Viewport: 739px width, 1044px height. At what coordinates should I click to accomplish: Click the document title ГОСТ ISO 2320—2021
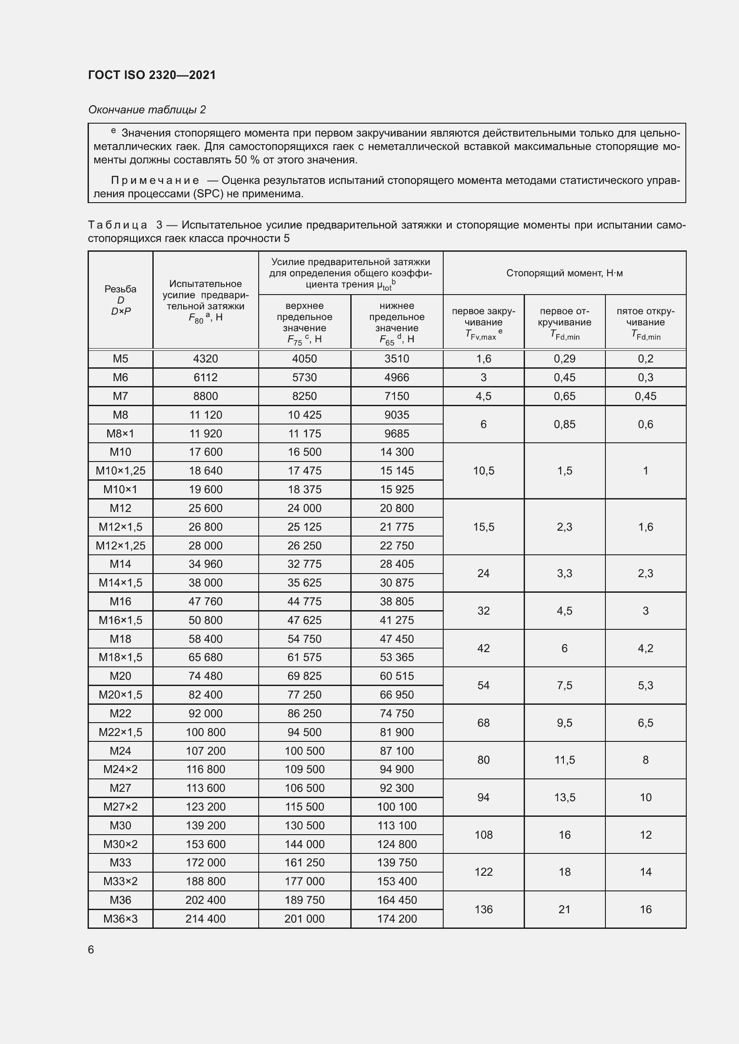tap(151, 75)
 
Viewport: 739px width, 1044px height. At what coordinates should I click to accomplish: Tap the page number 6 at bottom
tap(91, 949)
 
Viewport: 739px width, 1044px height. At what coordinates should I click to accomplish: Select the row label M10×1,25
tap(120, 470)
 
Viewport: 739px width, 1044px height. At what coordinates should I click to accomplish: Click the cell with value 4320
tap(205, 359)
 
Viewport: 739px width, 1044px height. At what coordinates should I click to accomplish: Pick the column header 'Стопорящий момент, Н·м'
tap(564, 273)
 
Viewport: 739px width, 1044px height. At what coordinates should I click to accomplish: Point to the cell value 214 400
tap(205, 919)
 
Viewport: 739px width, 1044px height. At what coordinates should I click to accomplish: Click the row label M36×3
tap(120, 919)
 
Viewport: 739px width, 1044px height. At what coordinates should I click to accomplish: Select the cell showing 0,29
tap(564, 359)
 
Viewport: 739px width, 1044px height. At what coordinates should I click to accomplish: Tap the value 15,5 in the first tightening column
tap(483, 527)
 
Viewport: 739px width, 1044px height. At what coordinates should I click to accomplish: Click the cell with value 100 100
tap(397, 807)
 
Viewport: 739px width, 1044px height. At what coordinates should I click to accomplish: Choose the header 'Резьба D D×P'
tap(120, 299)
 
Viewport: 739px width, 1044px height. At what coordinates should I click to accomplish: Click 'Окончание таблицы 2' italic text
tap(147, 110)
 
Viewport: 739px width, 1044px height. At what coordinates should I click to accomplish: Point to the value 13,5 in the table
tap(564, 797)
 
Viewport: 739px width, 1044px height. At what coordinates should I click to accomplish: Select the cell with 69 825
tap(304, 676)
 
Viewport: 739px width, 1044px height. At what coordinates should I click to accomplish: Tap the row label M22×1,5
tap(120, 732)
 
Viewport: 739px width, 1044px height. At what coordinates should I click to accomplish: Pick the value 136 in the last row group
tap(483, 909)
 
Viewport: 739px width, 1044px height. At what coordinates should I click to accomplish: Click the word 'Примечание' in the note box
tap(155, 180)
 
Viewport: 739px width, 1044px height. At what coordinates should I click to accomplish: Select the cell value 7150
tap(397, 396)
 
